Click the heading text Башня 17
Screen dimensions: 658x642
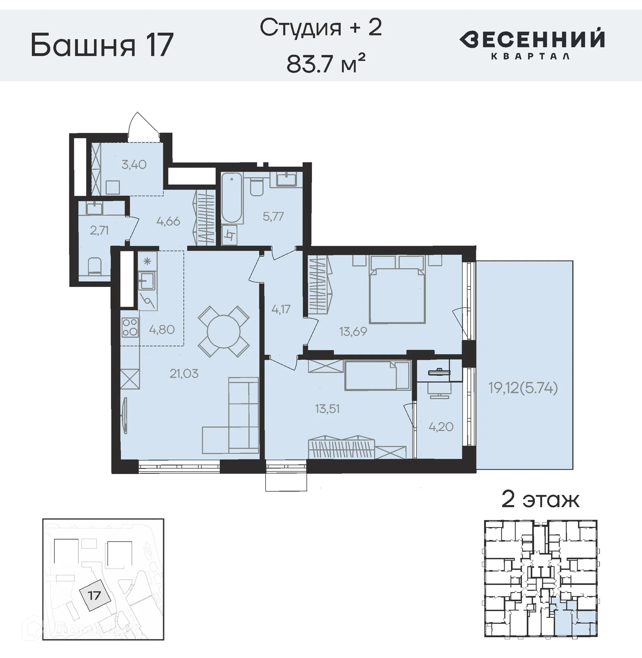(102, 45)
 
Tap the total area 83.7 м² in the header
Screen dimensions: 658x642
(326, 63)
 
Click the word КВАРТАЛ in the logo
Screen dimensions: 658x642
(531, 56)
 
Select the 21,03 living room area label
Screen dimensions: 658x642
(184, 374)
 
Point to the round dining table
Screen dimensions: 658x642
(224, 331)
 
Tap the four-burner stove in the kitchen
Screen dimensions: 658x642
(130, 327)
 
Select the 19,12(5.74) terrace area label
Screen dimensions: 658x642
(523, 388)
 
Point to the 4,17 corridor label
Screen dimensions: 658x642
(281, 309)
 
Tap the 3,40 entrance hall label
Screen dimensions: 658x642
(134, 165)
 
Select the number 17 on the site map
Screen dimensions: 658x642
(94, 595)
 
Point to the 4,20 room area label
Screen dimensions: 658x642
(441, 426)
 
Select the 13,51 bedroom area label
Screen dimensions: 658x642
(327, 409)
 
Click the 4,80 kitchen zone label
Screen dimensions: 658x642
(162, 329)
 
